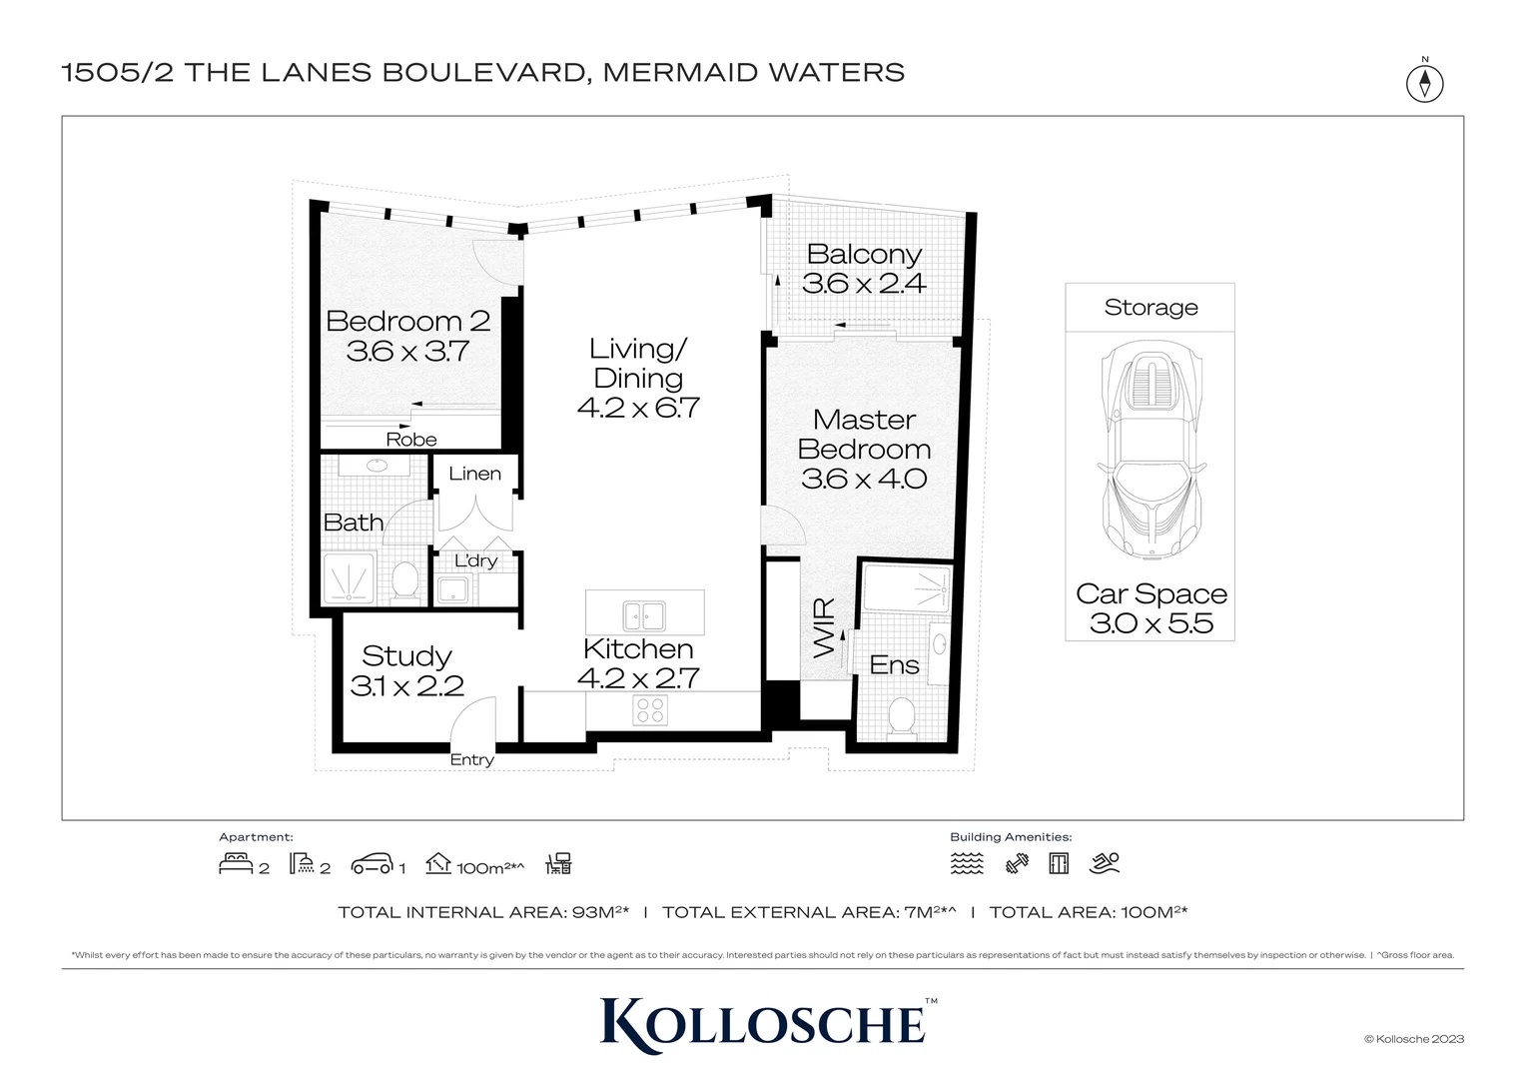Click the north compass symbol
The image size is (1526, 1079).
[x=1424, y=82]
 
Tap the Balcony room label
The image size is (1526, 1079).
[x=864, y=255]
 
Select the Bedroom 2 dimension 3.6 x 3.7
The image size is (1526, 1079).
[x=407, y=352]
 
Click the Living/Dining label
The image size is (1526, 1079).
[x=638, y=363]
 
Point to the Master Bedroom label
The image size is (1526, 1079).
[x=864, y=435]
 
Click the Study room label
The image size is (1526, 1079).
[x=406, y=656]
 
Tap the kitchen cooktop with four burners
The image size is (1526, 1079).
[x=650, y=710]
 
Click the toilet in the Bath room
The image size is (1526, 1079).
[x=404, y=580]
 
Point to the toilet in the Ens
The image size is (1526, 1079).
[x=903, y=716]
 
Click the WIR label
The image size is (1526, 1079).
[x=824, y=627]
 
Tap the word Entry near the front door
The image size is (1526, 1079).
[x=471, y=760]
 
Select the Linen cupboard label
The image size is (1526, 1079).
[x=474, y=474]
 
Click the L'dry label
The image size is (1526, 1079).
[x=475, y=561]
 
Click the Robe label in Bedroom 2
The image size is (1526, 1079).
[x=411, y=440]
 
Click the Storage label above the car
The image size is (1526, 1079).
[x=1150, y=308]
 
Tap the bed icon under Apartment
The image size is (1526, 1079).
[x=236, y=863]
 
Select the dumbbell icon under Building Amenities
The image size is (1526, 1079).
[x=1017, y=864]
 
